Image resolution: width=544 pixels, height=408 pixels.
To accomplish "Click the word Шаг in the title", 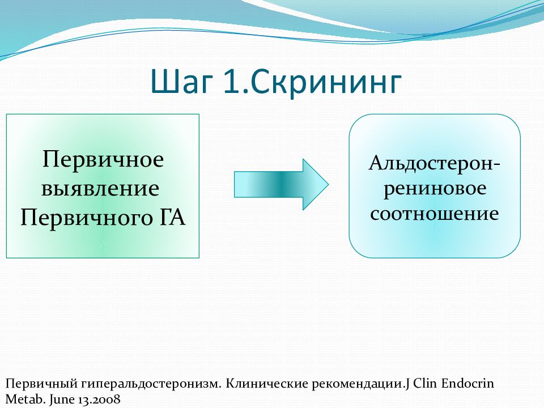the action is [181, 82].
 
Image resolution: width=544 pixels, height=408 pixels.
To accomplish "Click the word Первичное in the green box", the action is [103, 159].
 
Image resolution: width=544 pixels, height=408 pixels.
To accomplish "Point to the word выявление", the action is [100, 188].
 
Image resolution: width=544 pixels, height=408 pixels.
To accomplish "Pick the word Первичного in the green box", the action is [86, 218].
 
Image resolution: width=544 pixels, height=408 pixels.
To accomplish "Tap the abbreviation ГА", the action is [173, 217].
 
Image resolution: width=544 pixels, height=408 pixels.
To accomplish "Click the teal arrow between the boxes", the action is [281, 184].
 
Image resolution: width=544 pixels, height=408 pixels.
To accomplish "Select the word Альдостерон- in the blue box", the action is [435, 164].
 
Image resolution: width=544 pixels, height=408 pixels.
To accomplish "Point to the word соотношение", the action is [435, 213].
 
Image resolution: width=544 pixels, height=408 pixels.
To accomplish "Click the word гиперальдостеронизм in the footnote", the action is [151, 384].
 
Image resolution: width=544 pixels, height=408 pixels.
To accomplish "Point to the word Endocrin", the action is [467, 384].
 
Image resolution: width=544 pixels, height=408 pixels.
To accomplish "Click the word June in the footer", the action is [62, 399].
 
